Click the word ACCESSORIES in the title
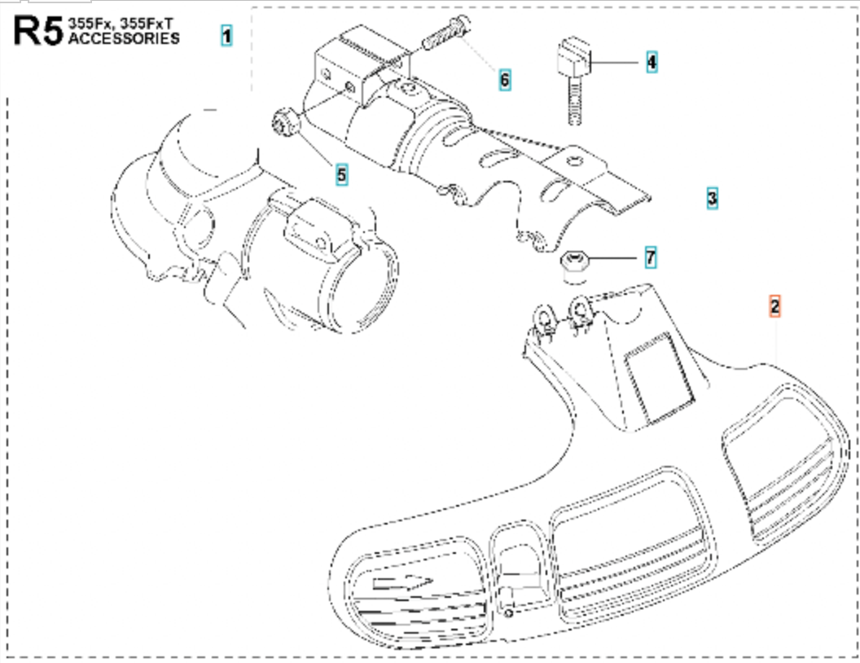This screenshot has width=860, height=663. [125, 39]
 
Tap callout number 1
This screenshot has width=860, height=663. [226, 36]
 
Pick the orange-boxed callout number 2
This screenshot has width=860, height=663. [774, 306]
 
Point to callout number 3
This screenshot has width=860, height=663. [712, 197]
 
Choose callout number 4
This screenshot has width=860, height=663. [651, 61]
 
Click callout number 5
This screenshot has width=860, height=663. [341, 173]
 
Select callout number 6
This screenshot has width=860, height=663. [504, 80]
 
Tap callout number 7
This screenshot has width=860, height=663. [650, 258]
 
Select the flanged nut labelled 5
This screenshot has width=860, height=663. [284, 124]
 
